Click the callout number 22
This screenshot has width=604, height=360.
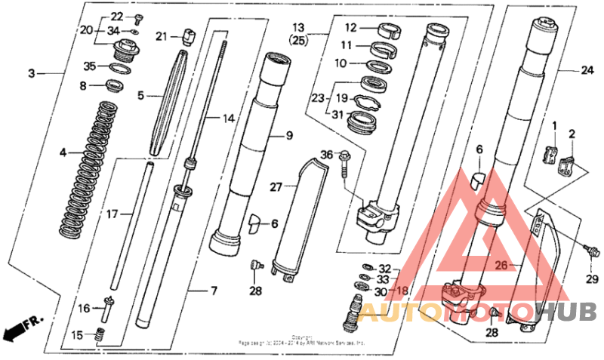[117, 17]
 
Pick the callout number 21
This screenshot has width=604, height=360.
[162, 35]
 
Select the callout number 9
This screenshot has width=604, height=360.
[288, 136]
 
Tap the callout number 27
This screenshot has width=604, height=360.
[276, 186]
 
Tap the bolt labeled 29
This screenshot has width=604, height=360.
[591, 251]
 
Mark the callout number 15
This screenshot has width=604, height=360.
[78, 334]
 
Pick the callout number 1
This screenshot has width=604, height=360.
[553, 125]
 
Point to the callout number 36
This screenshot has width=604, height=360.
[325, 155]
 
